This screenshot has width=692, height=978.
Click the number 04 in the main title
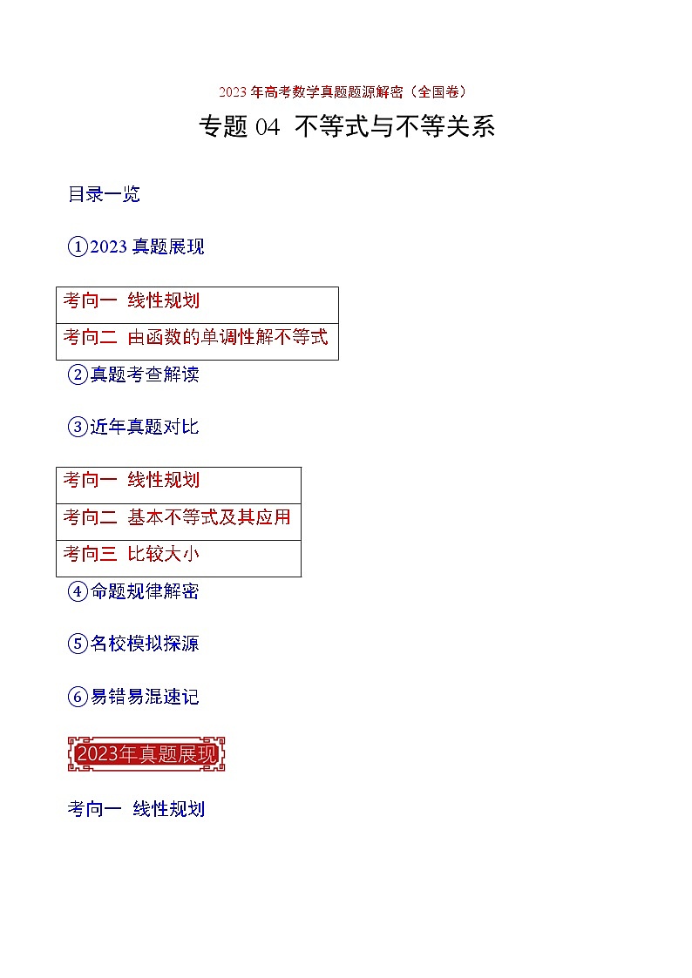click(x=268, y=127)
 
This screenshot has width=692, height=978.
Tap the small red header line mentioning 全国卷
click(x=346, y=91)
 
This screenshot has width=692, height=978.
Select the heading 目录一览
click(x=104, y=194)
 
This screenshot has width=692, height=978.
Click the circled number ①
click(x=78, y=247)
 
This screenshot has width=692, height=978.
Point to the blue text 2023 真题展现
click(x=147, y=247)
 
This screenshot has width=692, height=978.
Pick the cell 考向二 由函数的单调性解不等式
click(x=196, y=337)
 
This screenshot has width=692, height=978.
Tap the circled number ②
click(x=78, y=375)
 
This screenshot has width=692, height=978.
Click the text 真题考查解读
click(x=145, y=375)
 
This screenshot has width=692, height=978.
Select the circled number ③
click(x=78, y=428)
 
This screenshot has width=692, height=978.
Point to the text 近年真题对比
click(x=145, y=428)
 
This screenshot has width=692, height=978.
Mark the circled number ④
click(x=78, y=591)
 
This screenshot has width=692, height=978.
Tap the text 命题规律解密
click(x=145, y=591)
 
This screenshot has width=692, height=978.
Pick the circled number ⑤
click(x=78, y=644)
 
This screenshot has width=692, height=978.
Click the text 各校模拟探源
click(x=145, y=644)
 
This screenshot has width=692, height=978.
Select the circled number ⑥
click(x=78, y=697)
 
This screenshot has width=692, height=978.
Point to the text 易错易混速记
click(x=145, y=697)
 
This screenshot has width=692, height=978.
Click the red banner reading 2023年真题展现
click(x=146, y=754)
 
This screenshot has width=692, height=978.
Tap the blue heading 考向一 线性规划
click(x=136, y=809)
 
